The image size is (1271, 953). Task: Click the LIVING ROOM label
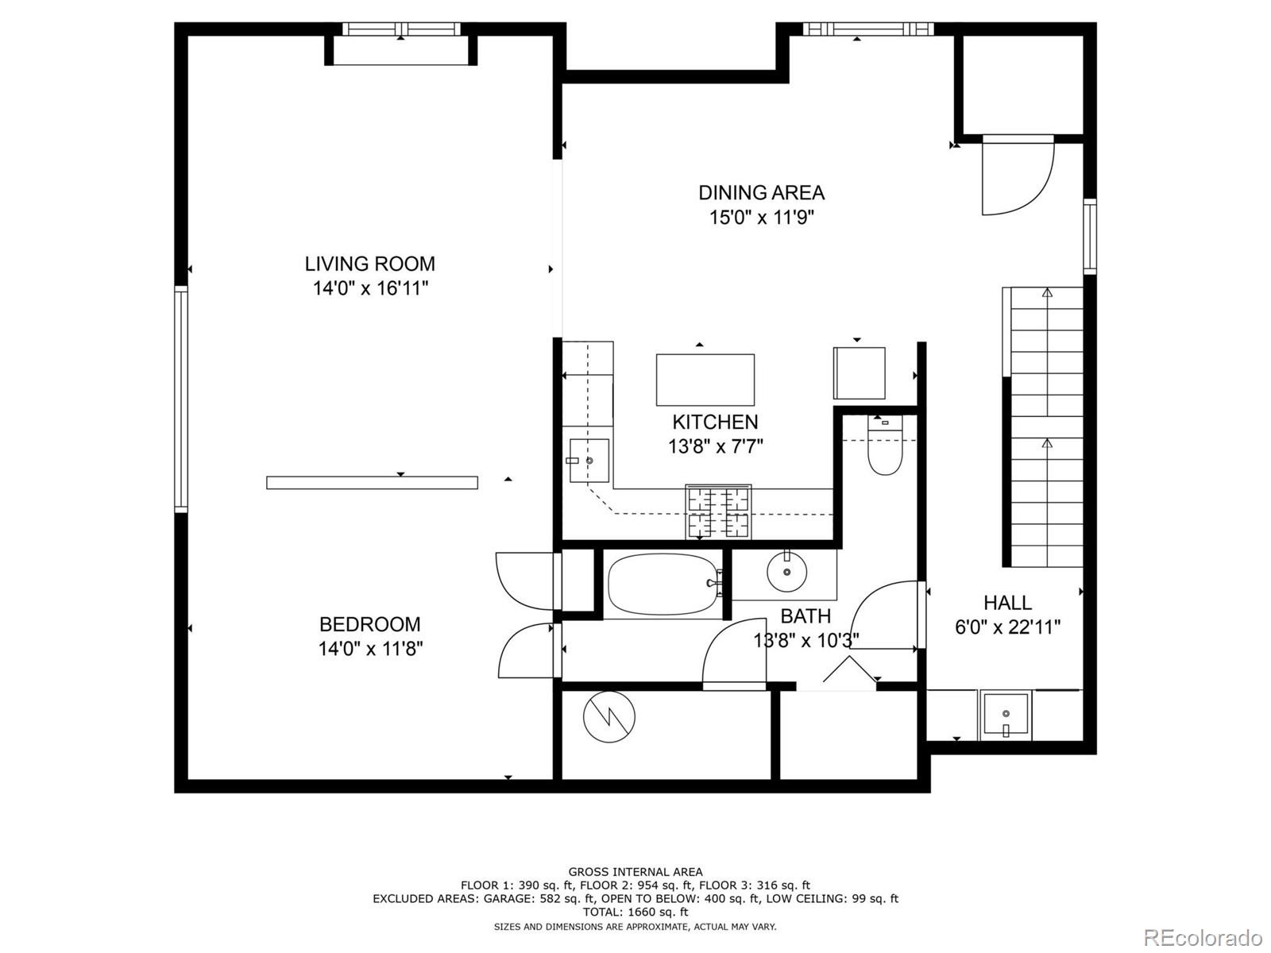(x=369, y=264)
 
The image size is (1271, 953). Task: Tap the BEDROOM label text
(x=369, y=624)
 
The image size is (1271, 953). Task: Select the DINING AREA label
(x=762, y=193)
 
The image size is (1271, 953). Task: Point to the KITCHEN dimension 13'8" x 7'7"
(x=716, y=446)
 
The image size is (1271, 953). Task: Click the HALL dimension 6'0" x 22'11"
(x=1007, y=627)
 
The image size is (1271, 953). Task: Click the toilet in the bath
(x=886, y=446)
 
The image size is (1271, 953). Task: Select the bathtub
(x=666, y=585)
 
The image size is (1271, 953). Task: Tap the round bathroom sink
(x=787, y=572)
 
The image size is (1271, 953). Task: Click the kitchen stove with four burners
(x=718, y=512)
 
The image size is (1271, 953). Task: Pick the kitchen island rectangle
(x=705, y=380)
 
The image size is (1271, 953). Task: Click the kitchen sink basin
(x=589, y=461)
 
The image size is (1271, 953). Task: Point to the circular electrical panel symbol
(x=608, y=717)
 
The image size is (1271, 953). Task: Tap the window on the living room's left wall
(x=181, y=399)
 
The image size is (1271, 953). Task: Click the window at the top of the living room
(x=401, y=29)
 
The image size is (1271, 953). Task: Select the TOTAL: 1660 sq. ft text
(x=635, y=912)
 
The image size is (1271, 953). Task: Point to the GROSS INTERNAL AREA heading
(x=635, y=871)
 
